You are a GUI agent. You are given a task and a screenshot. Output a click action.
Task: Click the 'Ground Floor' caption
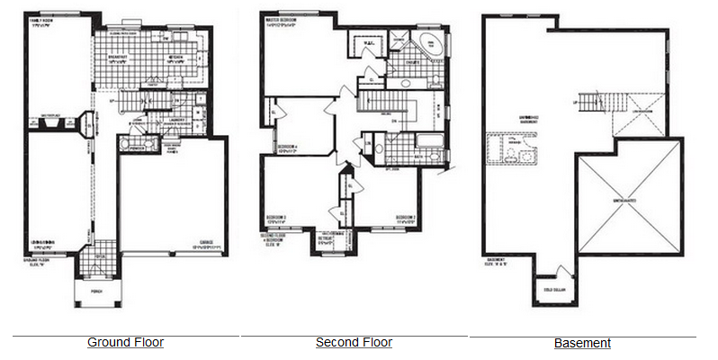(x=125, y=342)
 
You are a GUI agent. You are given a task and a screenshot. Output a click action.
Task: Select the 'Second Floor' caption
(x=354, y=342)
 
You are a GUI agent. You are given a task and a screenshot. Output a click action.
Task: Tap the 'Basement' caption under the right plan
(x=582, y=343)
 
